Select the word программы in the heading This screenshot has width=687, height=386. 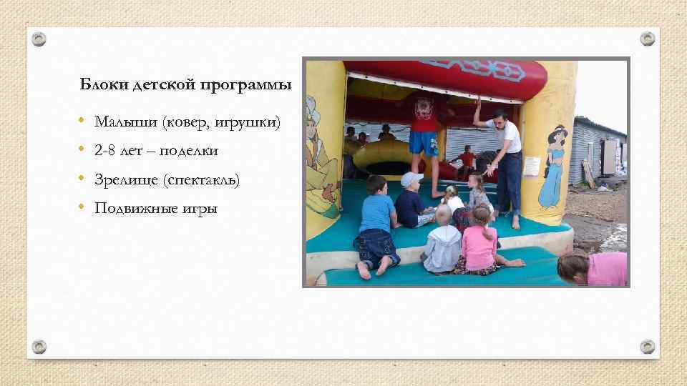click(x=255, y=86)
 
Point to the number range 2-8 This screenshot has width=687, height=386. click(x=106, y=151)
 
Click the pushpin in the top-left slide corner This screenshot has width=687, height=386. click(x=40, y=39)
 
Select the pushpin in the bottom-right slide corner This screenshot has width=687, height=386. click(x=647, y=346)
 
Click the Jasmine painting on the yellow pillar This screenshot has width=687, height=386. click(x=552, y=164)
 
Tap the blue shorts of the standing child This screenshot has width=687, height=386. click(x=424, y=144)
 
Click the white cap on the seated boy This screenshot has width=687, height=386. click(x=411, y=179)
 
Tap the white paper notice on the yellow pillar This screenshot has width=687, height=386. click(x=530, y=165)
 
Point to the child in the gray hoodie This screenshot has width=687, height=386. click(x=442, y=243)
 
